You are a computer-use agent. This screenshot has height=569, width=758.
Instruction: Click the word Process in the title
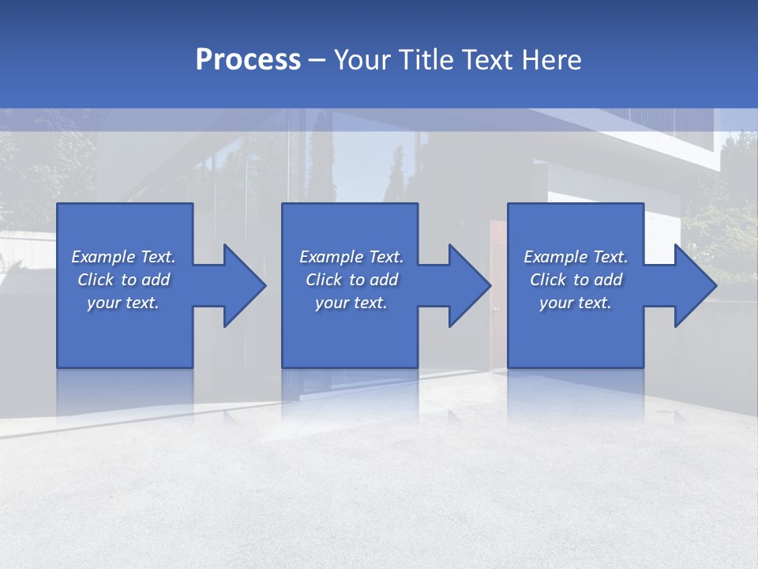[248, 60]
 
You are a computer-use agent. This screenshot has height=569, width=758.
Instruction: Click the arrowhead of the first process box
[245, 285]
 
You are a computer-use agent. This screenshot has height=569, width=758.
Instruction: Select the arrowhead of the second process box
[470, 285]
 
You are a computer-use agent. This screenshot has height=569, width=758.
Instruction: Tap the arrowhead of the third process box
[695, 285]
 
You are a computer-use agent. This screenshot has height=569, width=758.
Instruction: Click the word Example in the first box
[103, 257]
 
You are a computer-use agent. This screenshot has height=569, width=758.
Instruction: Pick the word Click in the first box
[96, 280]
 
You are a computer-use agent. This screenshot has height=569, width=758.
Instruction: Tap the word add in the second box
[384, 280]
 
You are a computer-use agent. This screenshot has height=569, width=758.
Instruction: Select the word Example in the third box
[556, 257]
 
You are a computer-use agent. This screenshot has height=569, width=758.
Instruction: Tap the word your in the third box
[556, 303]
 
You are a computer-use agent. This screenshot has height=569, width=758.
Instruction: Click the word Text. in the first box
[158, 257]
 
